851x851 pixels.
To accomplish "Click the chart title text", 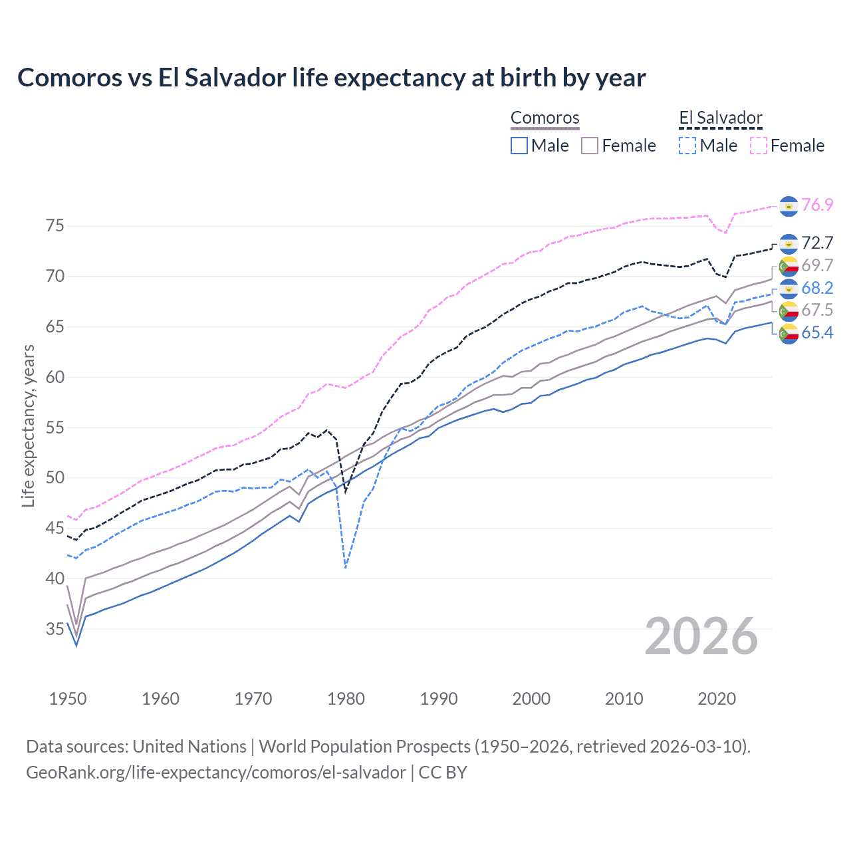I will pyautogui.click(x=331, y=78).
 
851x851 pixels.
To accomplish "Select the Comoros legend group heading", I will pyautogui.click(x=545, y=118).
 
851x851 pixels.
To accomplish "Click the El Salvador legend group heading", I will pyautogui.click(x=720, y=118).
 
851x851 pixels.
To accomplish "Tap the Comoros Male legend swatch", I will pyautogui.click(x=519, y=146).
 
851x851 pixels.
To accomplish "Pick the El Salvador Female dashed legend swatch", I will pyautogui.click(x=759, y=146).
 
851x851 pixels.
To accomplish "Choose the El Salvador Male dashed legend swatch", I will pyautogui.click(x=687, y=146).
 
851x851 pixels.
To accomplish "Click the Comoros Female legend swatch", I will pyautogui.click(x=590, y=146).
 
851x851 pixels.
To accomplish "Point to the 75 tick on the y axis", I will pyautogui.click(x=55, y=226).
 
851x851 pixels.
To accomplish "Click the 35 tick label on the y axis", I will pyautogui.click(x=55, y=629).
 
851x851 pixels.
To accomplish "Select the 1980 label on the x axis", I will pyautogui.click(x=346, y=699).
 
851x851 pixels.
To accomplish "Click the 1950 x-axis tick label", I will pyautogui.click(x=68, y=699).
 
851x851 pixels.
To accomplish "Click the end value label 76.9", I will pyautogui.click(x=817, y=205).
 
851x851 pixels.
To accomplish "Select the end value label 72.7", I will pyautogui.click(x=817, y=243).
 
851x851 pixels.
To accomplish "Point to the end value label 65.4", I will pyautogui.click(x=817, y=333).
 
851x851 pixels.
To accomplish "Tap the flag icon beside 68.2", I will pyautogui.click(x=788, y=289).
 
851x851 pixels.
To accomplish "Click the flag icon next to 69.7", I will pyautogui.click(x=788, y=266).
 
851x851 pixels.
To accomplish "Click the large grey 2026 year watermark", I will pyautogui.click(x=701, y=636).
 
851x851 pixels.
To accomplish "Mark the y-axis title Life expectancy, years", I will pyautogui.click(x=29, y=425).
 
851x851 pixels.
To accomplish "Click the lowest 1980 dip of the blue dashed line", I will pyautogui.click(x=346, y=567).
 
